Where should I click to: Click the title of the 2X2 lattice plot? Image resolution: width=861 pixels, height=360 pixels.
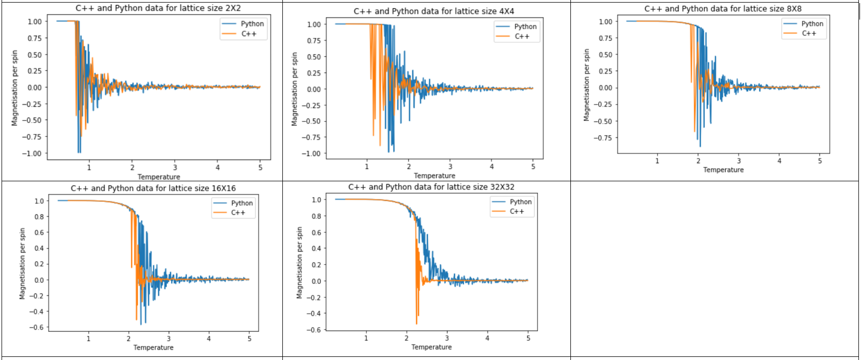158,8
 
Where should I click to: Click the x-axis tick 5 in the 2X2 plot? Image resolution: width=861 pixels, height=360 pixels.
260,167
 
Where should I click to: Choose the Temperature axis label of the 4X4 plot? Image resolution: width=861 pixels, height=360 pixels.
434,176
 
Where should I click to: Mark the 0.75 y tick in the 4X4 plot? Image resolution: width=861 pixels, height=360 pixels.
314,41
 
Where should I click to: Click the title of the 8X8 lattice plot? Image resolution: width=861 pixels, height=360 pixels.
723,9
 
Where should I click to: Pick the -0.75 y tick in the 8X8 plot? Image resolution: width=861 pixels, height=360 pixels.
602,138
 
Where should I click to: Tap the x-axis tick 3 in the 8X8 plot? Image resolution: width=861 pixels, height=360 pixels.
738,161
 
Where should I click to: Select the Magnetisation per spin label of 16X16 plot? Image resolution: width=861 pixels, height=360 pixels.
22,264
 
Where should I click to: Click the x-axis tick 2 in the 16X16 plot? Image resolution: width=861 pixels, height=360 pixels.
129,338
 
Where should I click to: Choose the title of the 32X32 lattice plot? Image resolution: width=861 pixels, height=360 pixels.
431,187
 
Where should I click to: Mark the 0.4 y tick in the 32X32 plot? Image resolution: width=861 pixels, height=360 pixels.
316,249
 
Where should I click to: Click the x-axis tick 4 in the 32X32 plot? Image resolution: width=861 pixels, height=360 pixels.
487,338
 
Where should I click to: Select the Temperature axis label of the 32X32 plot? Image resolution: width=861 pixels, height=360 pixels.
431,347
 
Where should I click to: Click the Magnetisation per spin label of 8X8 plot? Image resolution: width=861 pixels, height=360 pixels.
586,85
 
